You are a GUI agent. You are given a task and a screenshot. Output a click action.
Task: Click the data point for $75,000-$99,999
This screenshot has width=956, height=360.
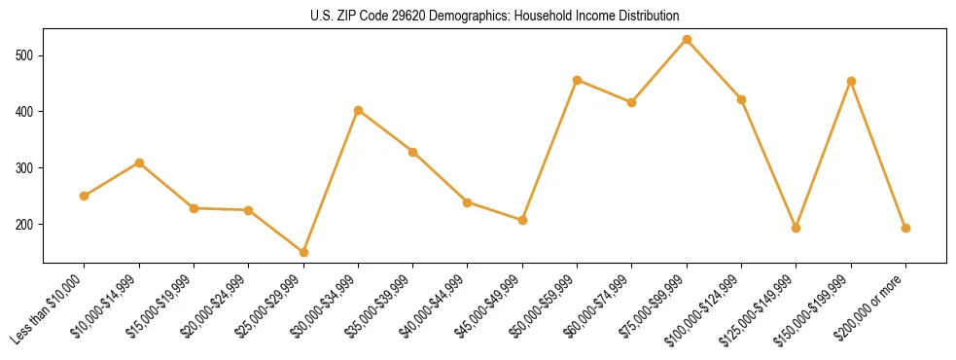click(x=687, y=40)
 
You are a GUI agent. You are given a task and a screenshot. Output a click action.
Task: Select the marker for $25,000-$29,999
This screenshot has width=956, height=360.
click(x=303, y=252)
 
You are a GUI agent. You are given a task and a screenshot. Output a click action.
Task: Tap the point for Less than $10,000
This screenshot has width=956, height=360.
click(x=85, y=196)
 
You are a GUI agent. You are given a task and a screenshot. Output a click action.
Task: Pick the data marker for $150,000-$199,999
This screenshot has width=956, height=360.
click(x=851, y=82)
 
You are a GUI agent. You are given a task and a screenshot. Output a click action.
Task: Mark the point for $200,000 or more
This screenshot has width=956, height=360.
click(x=905, y=228)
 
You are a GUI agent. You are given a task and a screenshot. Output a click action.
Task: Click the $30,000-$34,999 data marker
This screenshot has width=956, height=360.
click(x=358, y=111)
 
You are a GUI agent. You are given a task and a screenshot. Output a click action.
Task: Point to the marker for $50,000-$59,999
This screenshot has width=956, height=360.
click(x=577, y=80)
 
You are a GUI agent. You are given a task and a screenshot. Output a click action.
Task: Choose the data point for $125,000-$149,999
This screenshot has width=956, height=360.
click(x=797, y=228)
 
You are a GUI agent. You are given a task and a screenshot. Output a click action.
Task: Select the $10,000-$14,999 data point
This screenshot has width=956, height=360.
click(x=139, y=162)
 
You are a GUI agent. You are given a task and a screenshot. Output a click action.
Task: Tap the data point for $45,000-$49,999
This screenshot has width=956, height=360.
click(x=522, y=220)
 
